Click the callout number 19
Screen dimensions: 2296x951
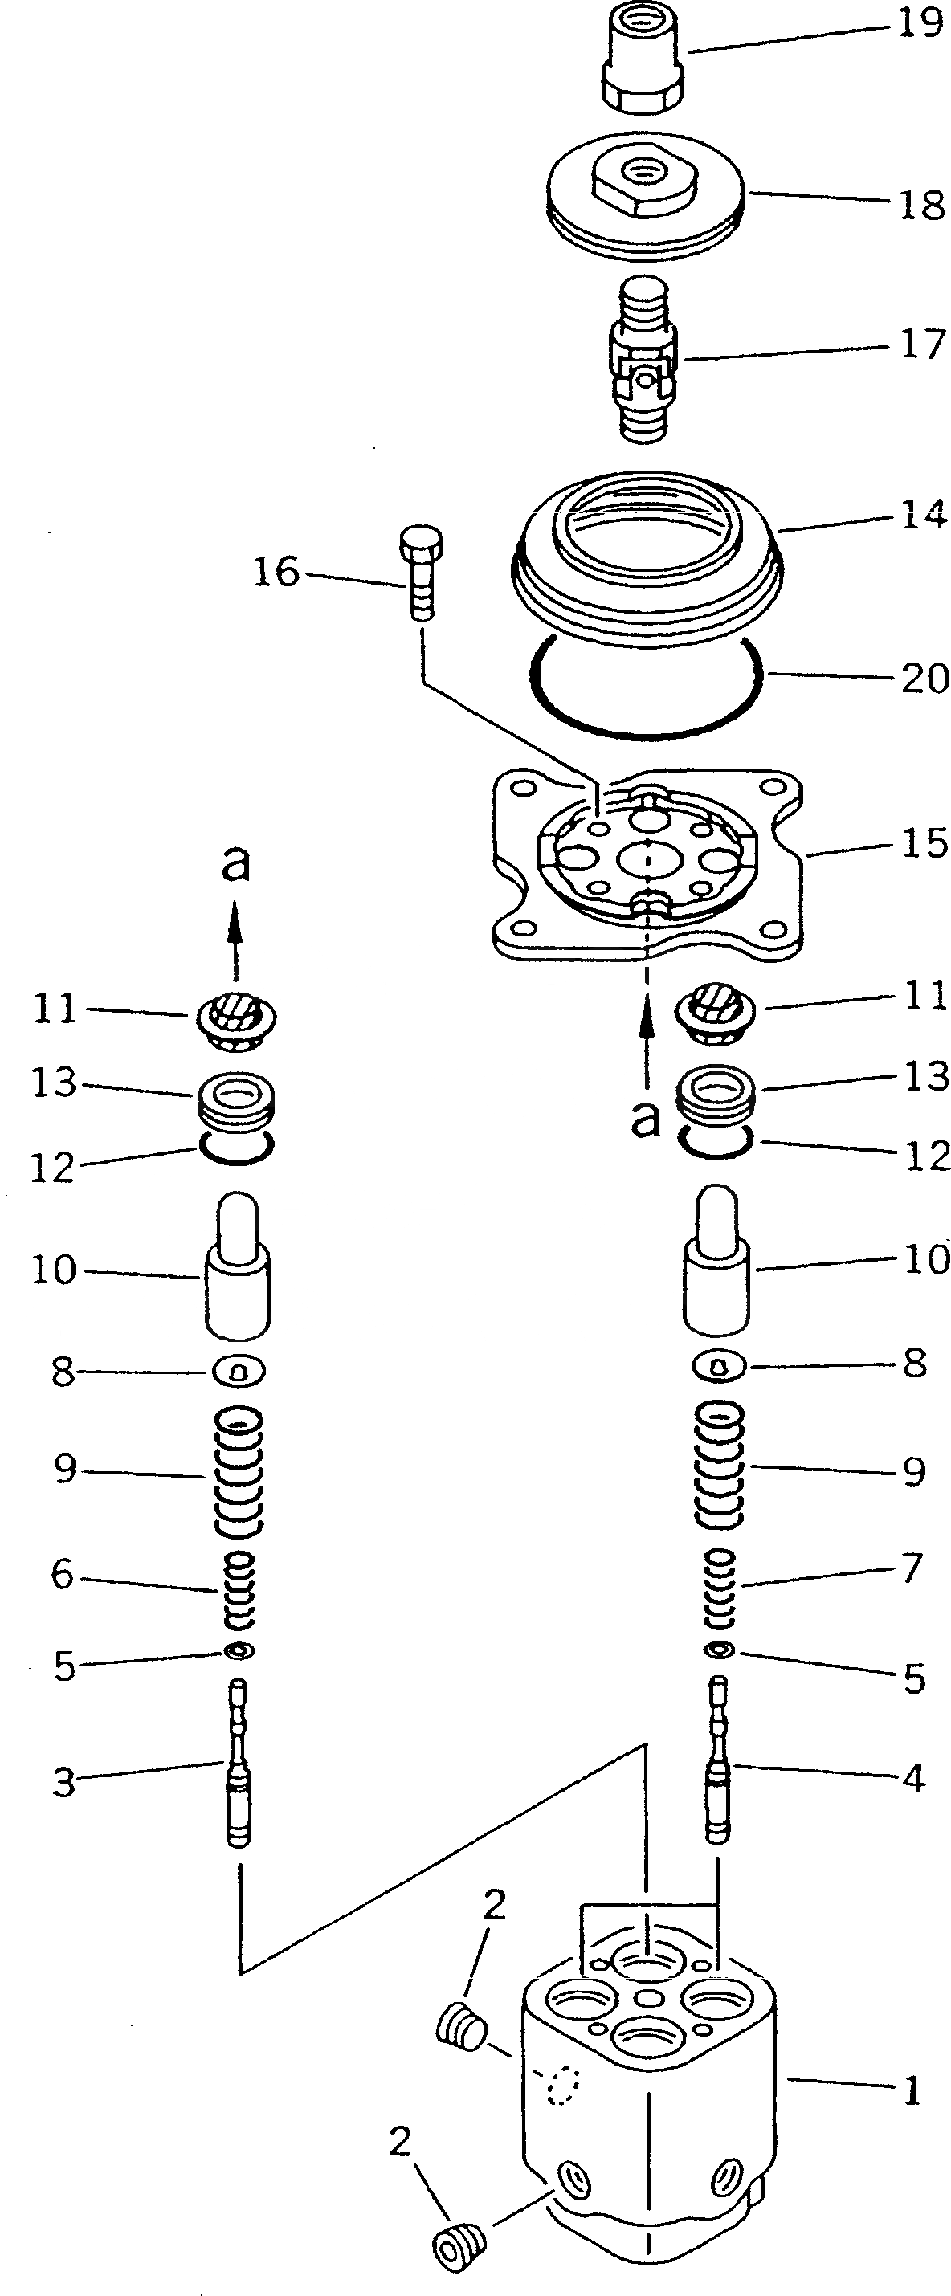[920, 24]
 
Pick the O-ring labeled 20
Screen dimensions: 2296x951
[644, 687]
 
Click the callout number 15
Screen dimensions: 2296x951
[924, 843]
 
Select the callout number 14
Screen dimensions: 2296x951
[924, 515]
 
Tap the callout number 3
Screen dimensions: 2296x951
[63, 1783]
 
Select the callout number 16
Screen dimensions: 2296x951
[276, 571]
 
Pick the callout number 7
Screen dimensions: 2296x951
[911, 1568]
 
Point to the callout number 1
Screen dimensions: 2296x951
[911, 2091]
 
